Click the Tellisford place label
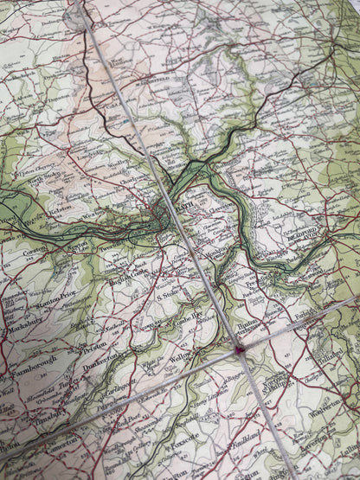tap(341, 423)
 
